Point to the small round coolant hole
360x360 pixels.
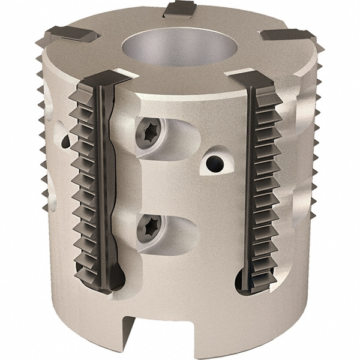pyautogui.click(x=214, y=163)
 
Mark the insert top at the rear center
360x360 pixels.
pyautogui.click(x=179, y=8)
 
